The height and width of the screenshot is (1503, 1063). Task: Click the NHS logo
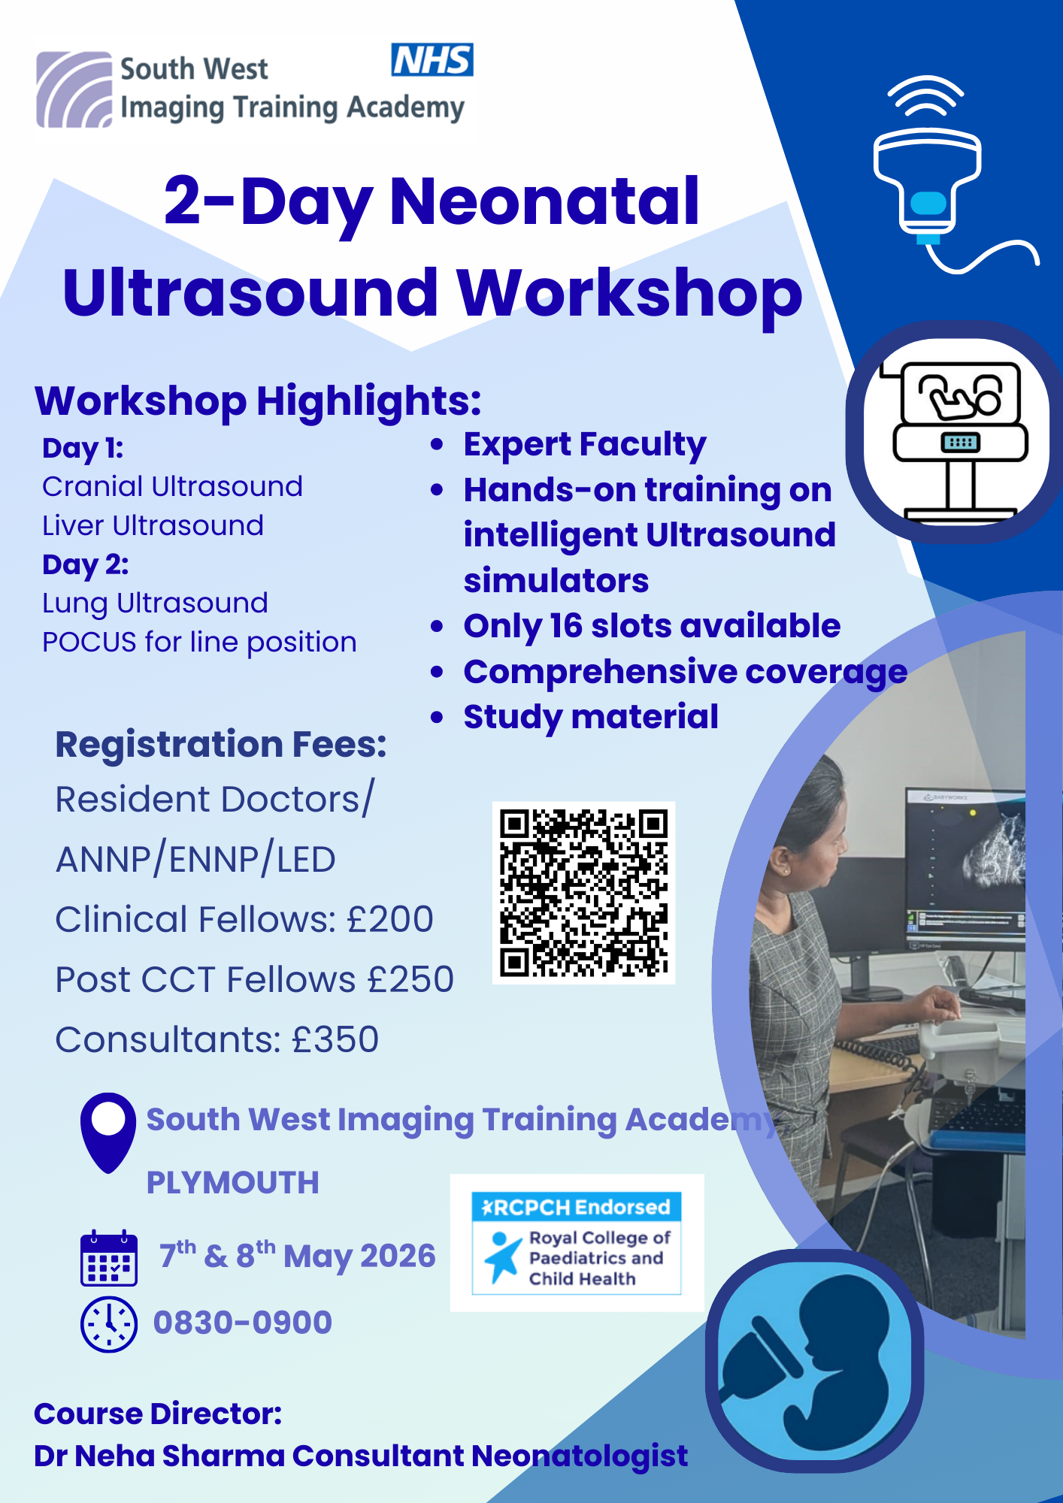tap(432, 60)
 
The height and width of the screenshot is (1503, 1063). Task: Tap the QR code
tap(584, 893)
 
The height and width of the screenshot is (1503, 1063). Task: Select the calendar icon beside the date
tap(109, 1258)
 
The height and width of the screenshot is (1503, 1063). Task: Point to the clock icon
tap(109, 1324)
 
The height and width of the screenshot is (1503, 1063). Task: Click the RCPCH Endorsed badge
tap(577, 1243)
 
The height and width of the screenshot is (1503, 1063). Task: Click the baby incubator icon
tap(955, 433)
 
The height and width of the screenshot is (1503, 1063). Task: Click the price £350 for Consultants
tap(335, 1040)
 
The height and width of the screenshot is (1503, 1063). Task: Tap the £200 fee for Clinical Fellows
tap(389, 920)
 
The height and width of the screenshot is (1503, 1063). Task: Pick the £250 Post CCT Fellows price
tap(410, 980)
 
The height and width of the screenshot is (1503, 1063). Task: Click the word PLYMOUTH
tap(232, 1183)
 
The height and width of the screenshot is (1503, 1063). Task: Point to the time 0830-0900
tap(242, 1323)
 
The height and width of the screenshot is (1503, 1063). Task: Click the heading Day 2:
tap(86, 564)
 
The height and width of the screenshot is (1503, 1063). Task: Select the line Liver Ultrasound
tap(153, 525)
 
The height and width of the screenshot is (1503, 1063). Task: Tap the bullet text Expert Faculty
tap(585, 445)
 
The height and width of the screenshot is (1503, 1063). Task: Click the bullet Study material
tap(591, 717)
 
